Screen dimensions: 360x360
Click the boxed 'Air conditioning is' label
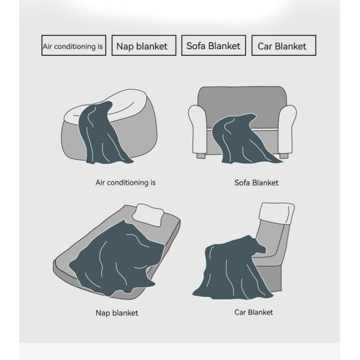click(x=74, y=46)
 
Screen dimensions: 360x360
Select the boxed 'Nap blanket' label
click(x=144, y=46)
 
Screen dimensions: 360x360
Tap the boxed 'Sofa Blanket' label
click(x=214, y=46)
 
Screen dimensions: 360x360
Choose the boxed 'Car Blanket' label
click(x=284, y=46)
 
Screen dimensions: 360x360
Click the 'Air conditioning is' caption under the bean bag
click(x=125, y=182)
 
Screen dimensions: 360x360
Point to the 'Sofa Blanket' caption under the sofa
click(x=256, y=183)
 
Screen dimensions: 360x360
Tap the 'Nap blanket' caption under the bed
click(x=117, y=313)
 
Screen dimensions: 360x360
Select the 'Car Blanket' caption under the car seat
click(x=254, y=312)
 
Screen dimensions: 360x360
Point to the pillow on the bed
click(x=148, y=214)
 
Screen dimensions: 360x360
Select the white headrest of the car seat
click(x=277, y=213)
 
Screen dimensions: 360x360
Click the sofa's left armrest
click(x=198, y=129)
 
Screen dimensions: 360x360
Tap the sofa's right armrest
click(x=287, y=129)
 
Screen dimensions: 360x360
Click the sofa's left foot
click(x=201, y=156)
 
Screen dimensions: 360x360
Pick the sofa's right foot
click(x=284, y=156)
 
